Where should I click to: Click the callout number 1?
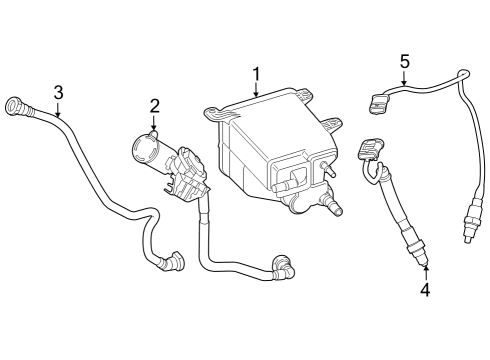click(x=256, y=73)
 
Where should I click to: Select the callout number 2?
click(x=155, y=106)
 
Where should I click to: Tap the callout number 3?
click(x=58, y=93)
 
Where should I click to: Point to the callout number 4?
click(x=424, y=290)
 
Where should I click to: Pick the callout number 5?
click(x=404, y=61)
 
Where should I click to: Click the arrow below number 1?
click(x=256, y=90)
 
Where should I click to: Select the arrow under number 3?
click(x=58, y=111)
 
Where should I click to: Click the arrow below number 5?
click(x=404, y=79)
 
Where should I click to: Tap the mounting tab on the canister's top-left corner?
click(x=212, y=115)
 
